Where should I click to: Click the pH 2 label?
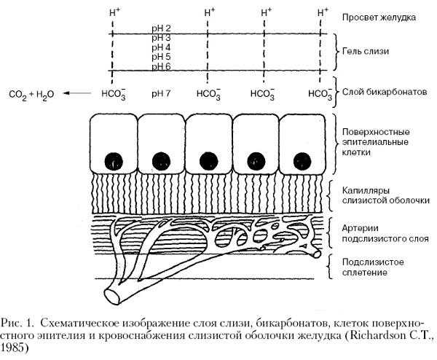(x=161, y=27)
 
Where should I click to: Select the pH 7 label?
(x=161, y=93)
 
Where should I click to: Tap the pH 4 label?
(x=161, y=47)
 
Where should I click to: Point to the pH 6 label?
(x=161, y=66)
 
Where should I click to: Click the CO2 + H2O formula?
(x=31, y=94)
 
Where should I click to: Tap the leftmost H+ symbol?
(x=113, y=12)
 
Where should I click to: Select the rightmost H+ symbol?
(x=323, y=12)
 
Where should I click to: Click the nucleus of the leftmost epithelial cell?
(x=114, y=159)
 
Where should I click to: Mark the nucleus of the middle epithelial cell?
(x=208, y=160)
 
